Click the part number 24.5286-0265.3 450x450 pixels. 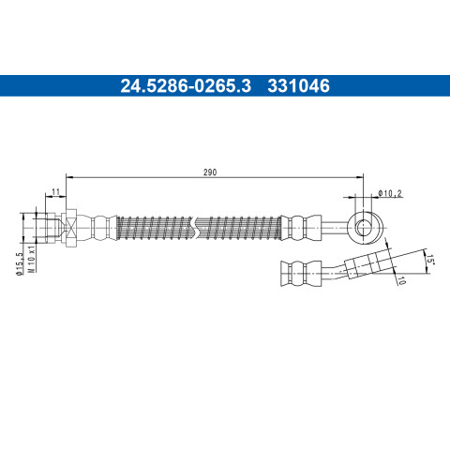[x=186, y=86]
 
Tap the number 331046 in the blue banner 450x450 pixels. [x=298, y=86]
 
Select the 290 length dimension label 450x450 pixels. [x=210, y=172]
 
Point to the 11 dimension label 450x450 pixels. [x=55, y=192]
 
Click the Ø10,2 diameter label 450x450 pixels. [x=389, y=193]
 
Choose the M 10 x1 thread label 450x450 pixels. [x=32, y=259]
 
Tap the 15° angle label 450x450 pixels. [x=430, y=260]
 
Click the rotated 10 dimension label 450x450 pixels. [x=401, y=280]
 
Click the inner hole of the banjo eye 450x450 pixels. [x=364, y=228]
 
